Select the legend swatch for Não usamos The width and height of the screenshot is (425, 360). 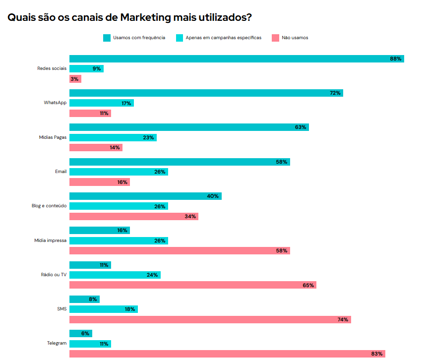tap(275, 38)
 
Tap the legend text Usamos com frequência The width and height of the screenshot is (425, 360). tap(139, 38)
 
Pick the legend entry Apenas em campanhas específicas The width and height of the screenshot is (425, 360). tap(223, 38)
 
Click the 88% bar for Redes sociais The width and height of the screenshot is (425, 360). tap(236, 59)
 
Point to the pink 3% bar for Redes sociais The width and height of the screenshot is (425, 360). tap(75, 79)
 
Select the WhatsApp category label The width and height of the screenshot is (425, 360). tap(55, 103)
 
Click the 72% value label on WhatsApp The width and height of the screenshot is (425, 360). tap(335, 93)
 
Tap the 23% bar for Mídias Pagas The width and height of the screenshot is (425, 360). tap(113, 137)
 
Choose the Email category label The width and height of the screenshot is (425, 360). tap(61, 172)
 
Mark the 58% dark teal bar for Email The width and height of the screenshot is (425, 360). tap(179, 162)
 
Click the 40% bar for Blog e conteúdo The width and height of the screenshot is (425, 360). tap(145, 196)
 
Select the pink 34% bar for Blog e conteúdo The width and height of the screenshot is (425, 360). tap(133, 216)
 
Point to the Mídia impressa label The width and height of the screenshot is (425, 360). tap(50, 240)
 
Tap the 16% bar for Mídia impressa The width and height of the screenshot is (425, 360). tap(99, 230)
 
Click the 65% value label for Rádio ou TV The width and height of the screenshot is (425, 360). tap(308, 285)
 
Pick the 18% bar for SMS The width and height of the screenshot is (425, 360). tap(103, 309)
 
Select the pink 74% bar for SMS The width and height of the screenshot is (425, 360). tap(210, 319)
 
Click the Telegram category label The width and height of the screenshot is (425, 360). tap(57, 343)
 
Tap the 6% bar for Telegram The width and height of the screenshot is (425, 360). tap(80, 333)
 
